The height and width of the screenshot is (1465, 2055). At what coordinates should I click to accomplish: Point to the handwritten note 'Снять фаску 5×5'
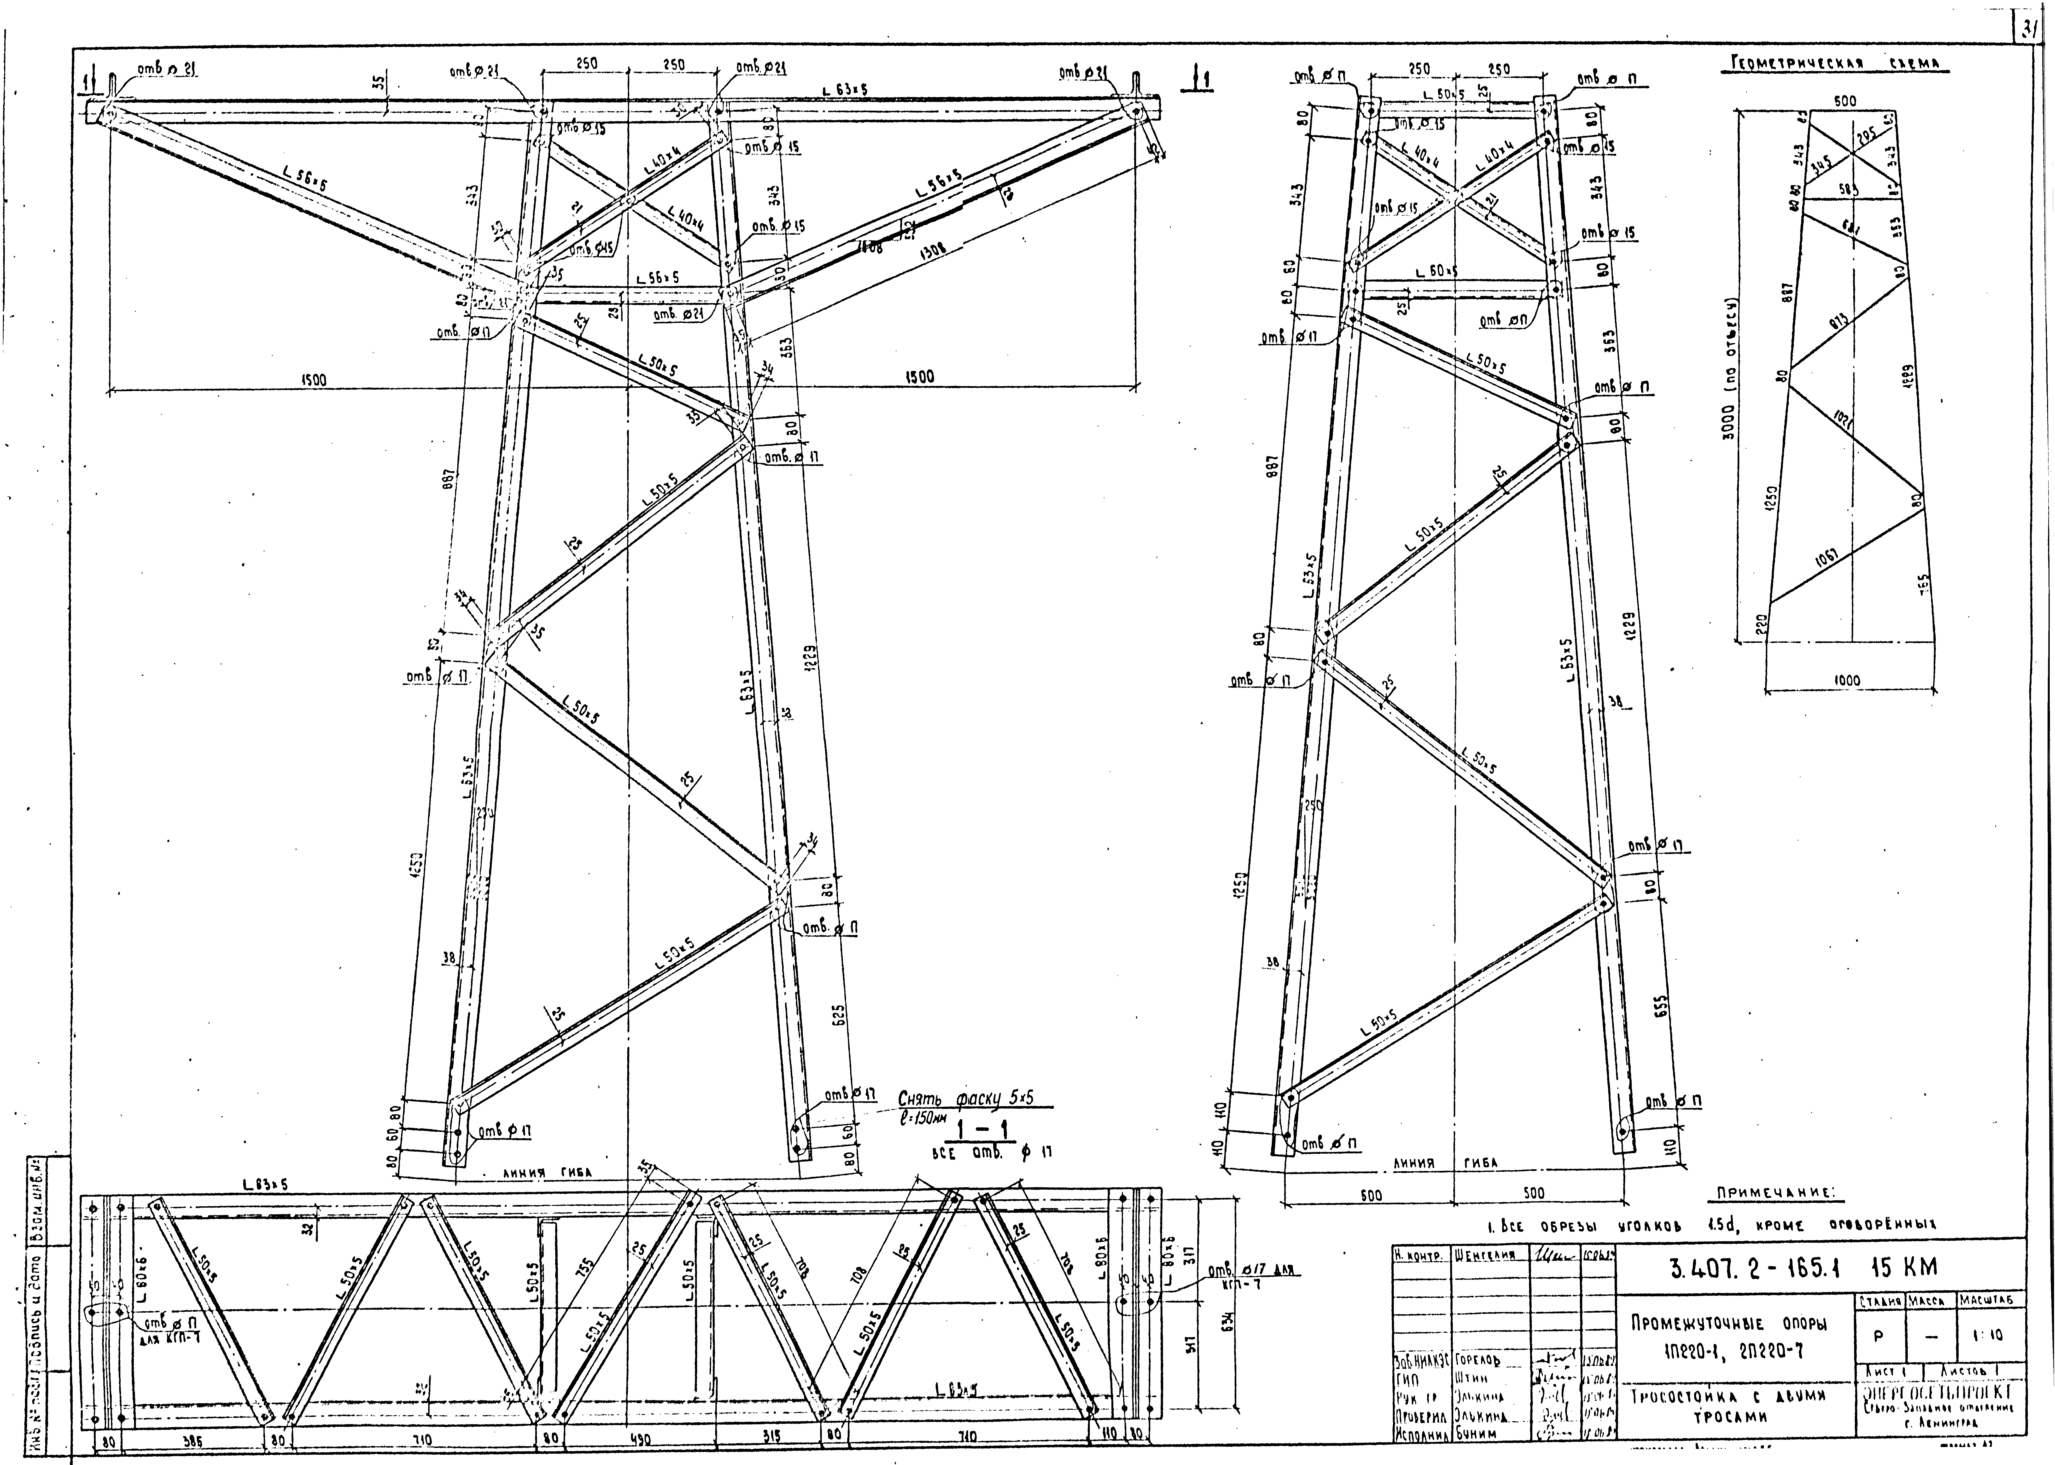click(965, 1099)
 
